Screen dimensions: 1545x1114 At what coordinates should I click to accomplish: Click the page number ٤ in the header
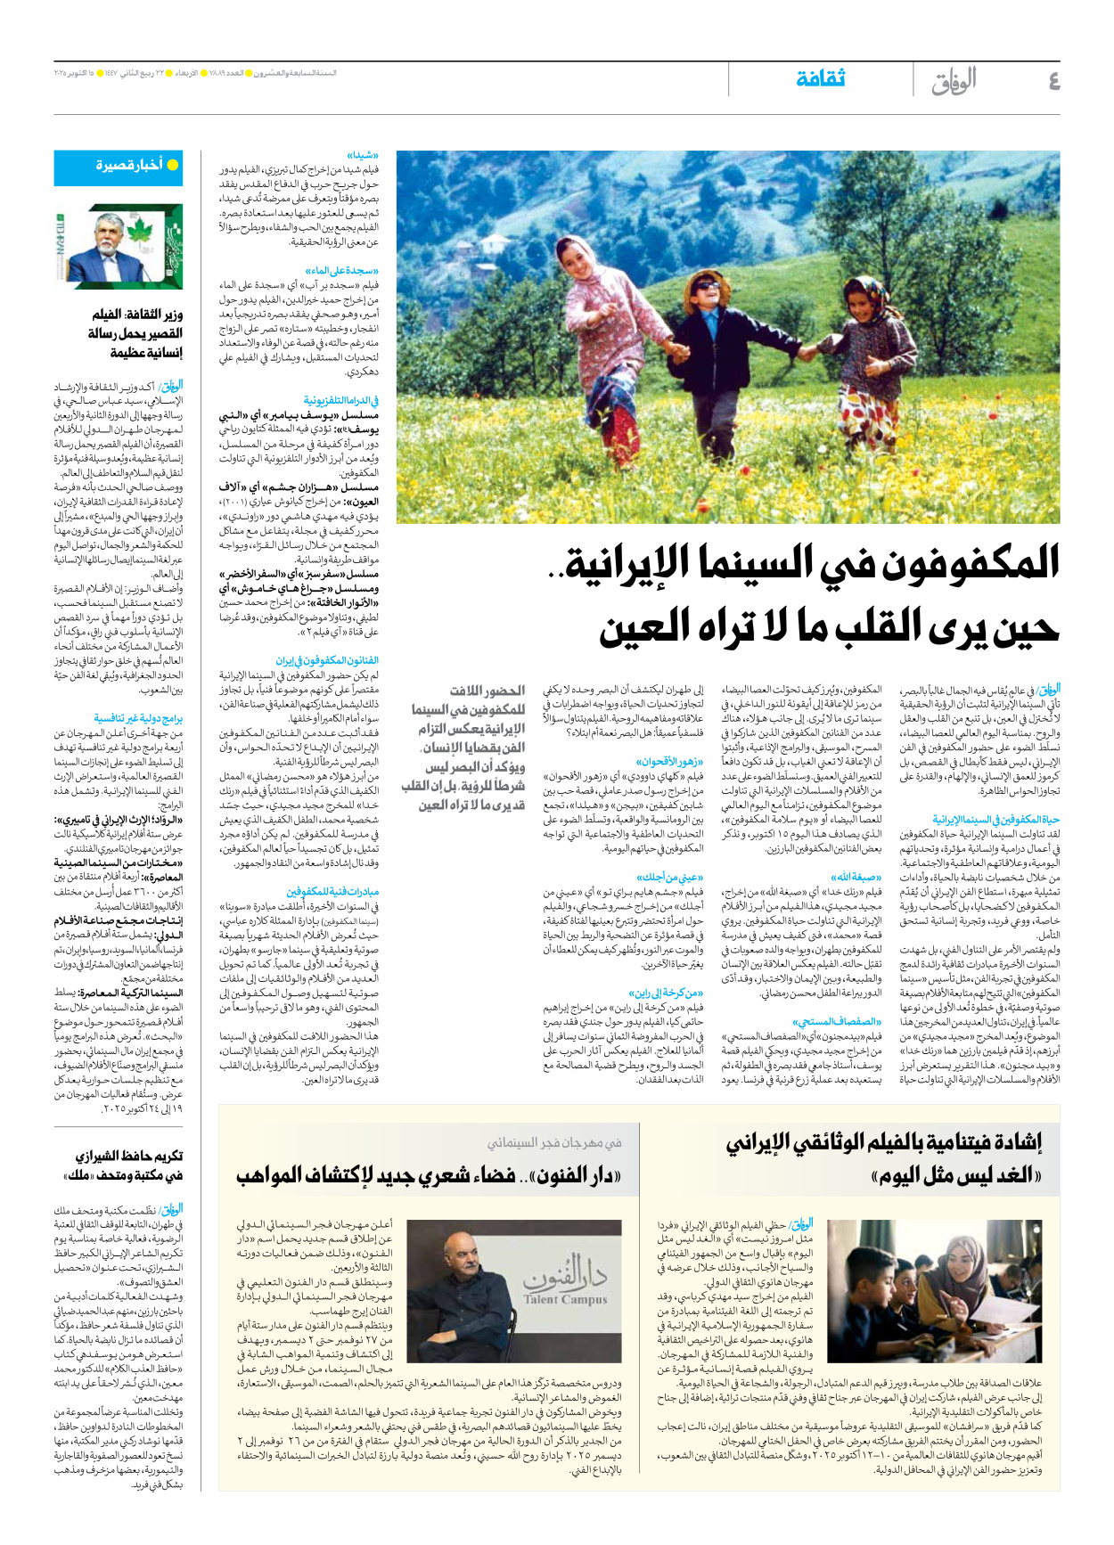pyautogui.click(x=1053, y=81)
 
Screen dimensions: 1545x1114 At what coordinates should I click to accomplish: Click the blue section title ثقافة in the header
pyautogui.click(x=820, y=79)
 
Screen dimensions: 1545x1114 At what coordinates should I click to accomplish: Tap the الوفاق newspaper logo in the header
pyautogui.click(x=954, y=81)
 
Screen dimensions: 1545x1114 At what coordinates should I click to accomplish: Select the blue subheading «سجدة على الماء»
pyautogui.click(x=341, y=271)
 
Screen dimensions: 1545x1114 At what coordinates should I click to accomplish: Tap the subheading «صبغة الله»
pyautogui.click(x=856, y=877)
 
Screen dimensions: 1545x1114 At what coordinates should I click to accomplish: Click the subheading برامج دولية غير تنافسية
pyautogui.click(x=138, y=718)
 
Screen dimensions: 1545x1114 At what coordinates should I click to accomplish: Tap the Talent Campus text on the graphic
pyautogui.click(x=565, y=1299)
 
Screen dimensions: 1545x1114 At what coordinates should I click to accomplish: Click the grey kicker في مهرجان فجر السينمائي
pyautogui.click(x=553, y=1142)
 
